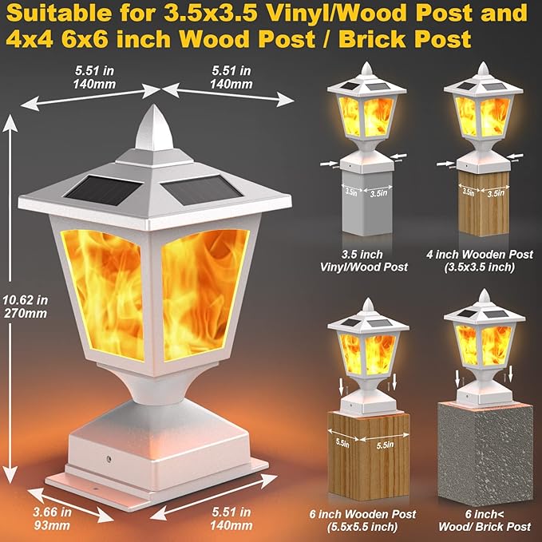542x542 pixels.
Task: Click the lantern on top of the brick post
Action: point(485,340)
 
